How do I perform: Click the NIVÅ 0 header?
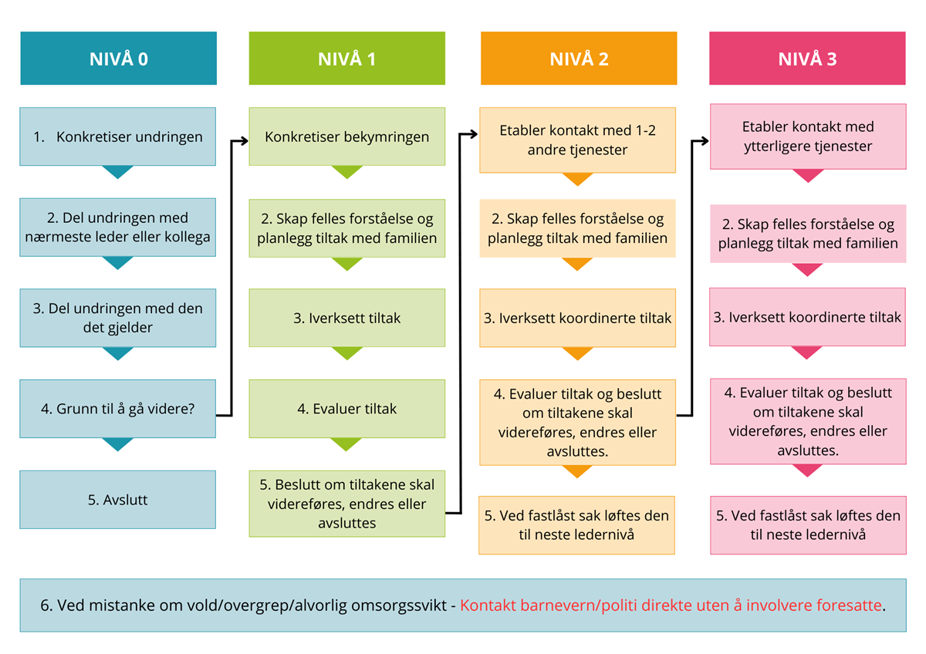tap(118, 59)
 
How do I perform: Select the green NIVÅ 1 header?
tap(346, 59)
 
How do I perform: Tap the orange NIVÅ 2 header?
tap(579, 59)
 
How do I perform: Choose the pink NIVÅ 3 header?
tap(807, 59)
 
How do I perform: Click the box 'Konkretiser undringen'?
tap(118, 137)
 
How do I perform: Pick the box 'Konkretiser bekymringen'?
tap(346, 137)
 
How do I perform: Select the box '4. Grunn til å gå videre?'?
tap(118, 409)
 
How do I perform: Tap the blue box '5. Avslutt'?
tap(118, 500)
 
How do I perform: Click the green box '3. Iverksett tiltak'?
tap(346, 318)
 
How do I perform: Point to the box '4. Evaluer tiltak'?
tap(346, 409)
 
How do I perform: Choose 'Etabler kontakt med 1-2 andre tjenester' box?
tap(578, 140)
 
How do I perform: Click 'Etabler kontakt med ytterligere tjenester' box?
tap(807, 137)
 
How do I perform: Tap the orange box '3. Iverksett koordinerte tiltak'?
tap(578, 318)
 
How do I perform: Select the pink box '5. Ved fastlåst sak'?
tap(808, 525)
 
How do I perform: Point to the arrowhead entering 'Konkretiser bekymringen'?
tap(243, 140)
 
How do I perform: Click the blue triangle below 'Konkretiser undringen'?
tap(118, 172)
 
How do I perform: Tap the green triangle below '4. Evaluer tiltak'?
tap(346, 444)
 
